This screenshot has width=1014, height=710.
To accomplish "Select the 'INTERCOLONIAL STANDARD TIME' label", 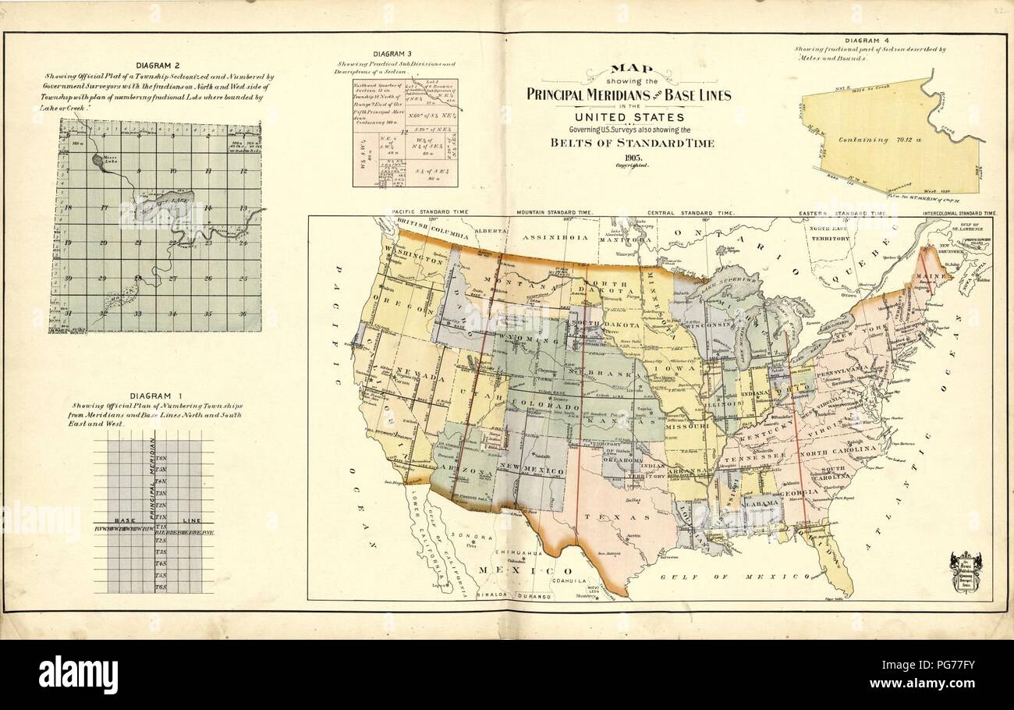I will (959, 212).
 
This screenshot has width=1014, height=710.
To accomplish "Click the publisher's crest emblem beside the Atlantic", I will (965, 572).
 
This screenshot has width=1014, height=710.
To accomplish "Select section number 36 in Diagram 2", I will (243, 314).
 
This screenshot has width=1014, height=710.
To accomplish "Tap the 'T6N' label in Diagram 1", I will (161, 458).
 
